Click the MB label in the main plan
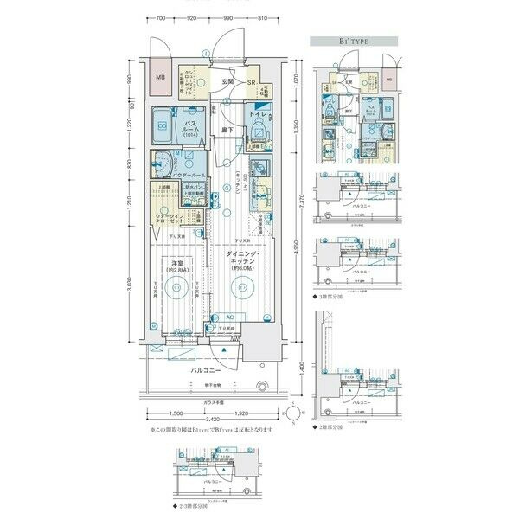(x=160, y=77)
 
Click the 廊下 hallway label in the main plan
(x=227, y=131)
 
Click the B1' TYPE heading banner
(x=354, y=41)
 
